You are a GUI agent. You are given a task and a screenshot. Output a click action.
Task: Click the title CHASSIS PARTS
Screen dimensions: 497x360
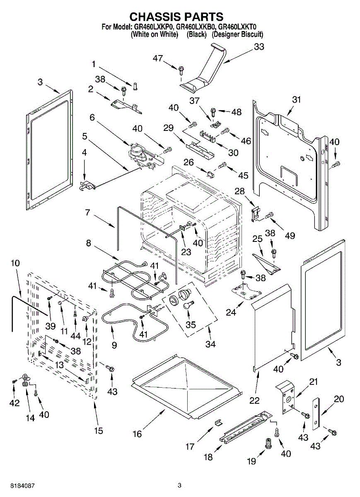176,17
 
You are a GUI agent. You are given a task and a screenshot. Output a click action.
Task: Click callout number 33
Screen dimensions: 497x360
259,47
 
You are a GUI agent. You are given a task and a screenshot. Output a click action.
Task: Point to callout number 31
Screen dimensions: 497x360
296,100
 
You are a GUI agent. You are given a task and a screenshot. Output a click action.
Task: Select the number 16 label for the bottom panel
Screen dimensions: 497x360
137,434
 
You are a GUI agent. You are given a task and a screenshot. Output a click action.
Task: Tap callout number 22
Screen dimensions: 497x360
254,400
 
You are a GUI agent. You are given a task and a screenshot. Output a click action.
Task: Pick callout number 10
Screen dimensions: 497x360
15,263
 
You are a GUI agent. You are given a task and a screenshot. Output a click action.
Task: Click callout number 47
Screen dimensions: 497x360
158,58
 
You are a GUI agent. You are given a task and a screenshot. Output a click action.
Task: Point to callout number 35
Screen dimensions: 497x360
191,325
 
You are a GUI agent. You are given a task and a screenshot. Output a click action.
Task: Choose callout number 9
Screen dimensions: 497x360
114,345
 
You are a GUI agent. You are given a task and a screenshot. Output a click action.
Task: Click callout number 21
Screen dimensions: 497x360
314,381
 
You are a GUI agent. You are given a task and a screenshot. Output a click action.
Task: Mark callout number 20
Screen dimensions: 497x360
339,399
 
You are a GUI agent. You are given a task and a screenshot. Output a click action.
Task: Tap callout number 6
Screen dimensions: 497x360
92,118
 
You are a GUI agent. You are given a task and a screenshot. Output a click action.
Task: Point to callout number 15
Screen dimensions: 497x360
98,430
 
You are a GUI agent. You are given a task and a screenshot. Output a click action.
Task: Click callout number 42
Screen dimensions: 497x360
14,403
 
